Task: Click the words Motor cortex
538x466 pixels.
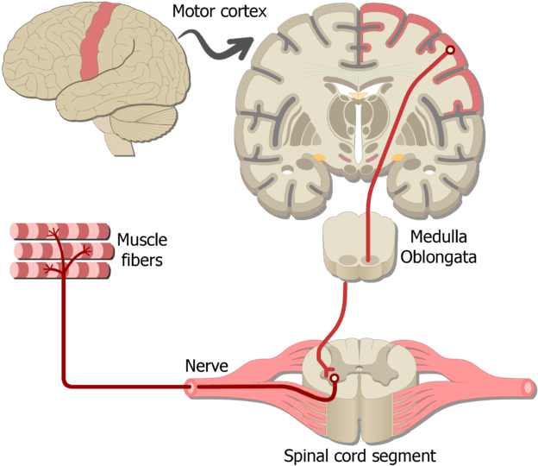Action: click(219, 11)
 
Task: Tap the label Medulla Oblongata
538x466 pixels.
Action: click(439, 247)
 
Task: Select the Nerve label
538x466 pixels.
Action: click(207, 366)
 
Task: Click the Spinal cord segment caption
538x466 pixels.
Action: click(360, 456)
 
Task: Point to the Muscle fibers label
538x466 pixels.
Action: click(142, 249)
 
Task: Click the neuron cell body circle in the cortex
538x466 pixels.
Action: click(450, 50)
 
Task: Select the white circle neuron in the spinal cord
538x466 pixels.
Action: click(334, 379)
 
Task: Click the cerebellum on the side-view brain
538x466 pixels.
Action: click(144, 123)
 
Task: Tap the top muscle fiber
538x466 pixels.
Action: click(60, 231)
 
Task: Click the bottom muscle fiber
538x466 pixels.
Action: click(60, 270)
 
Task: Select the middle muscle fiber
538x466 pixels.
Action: click(64, 250)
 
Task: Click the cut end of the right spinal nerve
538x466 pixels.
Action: click(528, 387)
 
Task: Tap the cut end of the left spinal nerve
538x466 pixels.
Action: click(190, 388)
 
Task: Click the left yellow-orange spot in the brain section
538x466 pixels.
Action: click(319, 158)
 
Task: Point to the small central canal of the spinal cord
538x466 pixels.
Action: click(360, 368)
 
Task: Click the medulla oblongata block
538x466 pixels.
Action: click(359, 246)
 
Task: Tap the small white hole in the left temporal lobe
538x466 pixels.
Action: click(287, 170)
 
